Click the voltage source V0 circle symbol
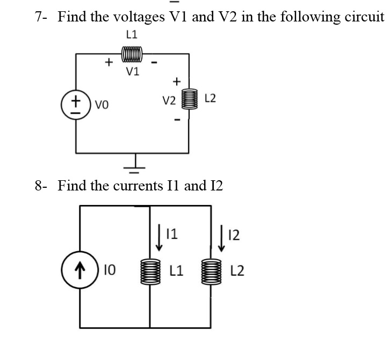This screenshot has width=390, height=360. click(x=75, y=103)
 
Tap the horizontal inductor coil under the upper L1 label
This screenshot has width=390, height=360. click(x=132, y=54)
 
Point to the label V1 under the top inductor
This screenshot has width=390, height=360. click(x=132, y=72)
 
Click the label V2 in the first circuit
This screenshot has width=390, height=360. click(x=169, y=99)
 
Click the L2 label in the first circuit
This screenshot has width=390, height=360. click(x=210, y=98)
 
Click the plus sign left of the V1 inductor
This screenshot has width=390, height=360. click(x=108, y=62)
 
